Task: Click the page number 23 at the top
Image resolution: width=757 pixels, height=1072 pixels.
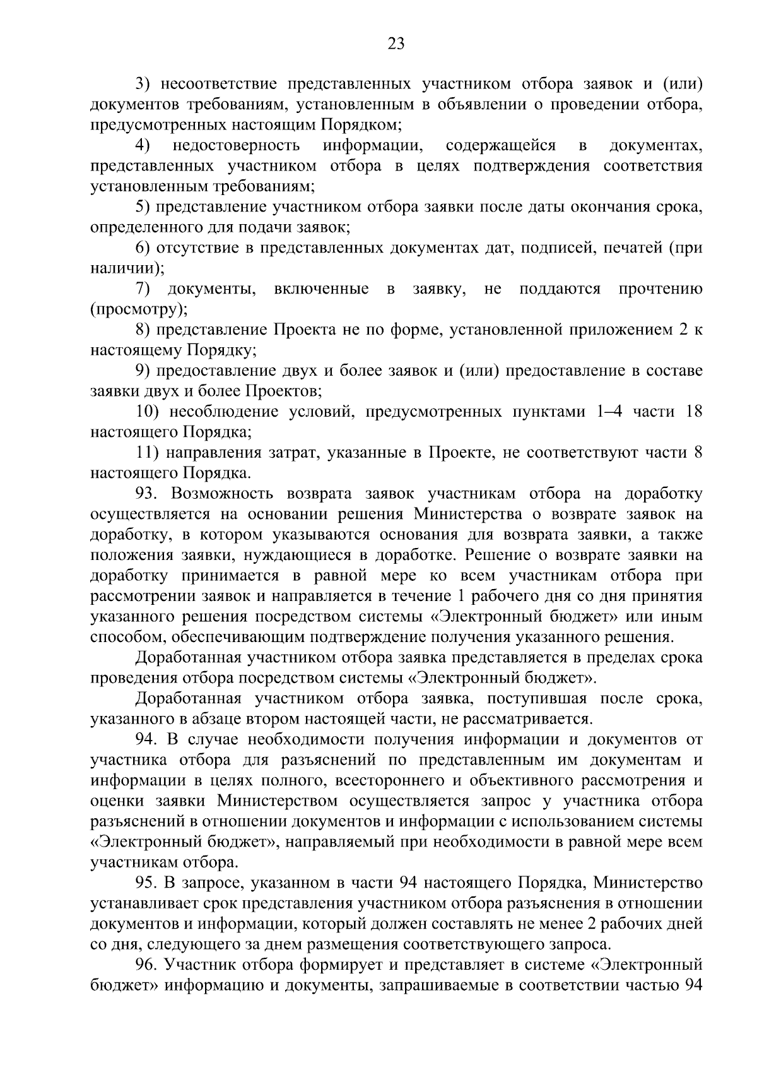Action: pos(396,44)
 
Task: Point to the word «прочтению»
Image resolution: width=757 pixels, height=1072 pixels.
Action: pos(660,289)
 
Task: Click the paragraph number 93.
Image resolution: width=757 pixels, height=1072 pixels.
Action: pos(146,494)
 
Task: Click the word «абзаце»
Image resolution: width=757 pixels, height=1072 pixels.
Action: pos(249,718)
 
